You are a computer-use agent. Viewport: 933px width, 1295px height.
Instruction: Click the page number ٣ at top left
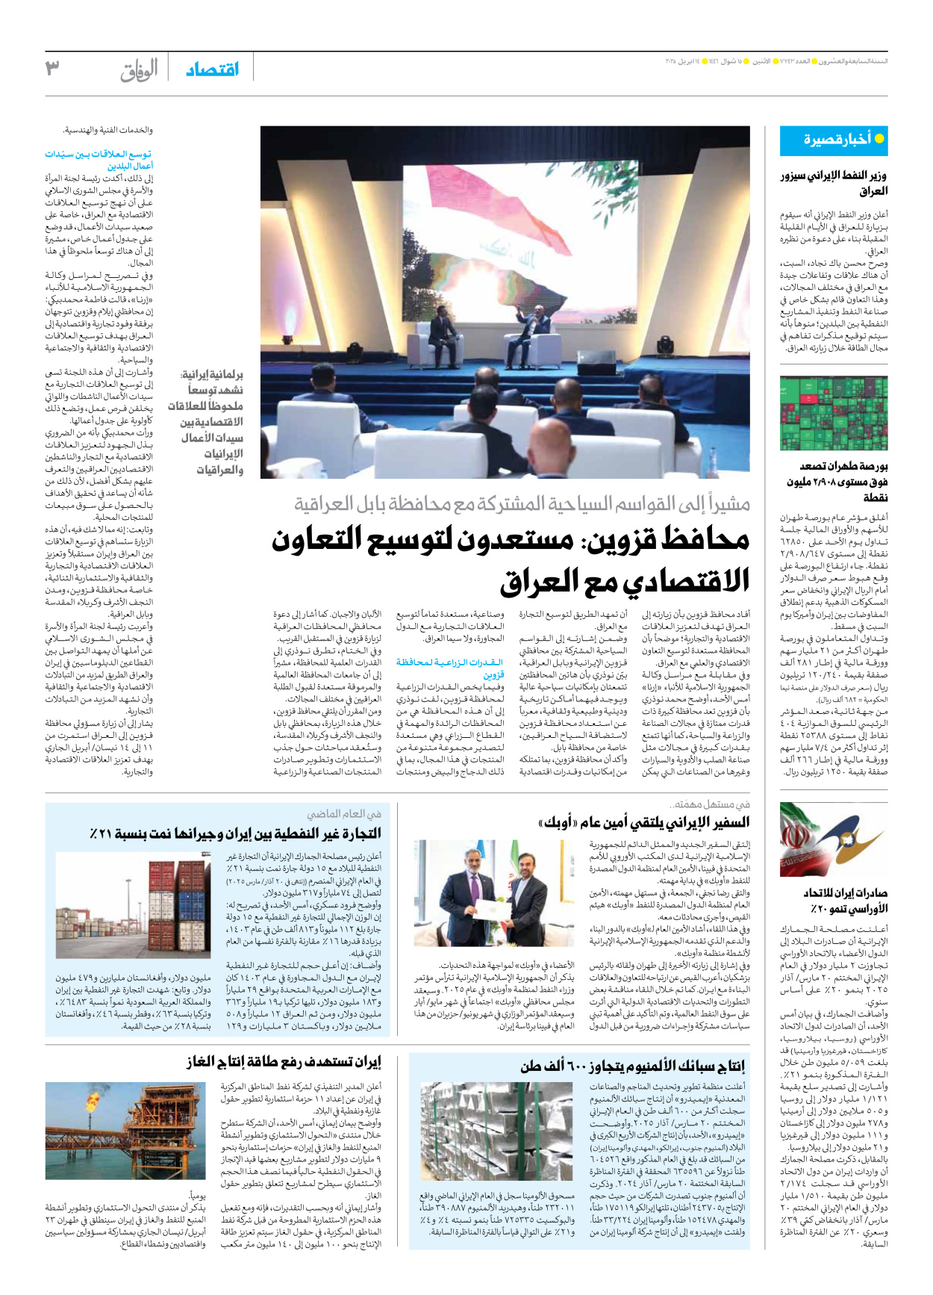(x=52, y=68)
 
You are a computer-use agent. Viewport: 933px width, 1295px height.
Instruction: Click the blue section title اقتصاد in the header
(x=212, y=69)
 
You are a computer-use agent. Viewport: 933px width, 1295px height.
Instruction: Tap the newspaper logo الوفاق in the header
(x=139, y=70)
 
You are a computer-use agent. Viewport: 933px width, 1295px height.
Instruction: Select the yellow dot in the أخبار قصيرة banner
(x=879, y=138)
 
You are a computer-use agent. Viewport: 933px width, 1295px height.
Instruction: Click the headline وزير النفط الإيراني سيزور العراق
(x=834, y=183)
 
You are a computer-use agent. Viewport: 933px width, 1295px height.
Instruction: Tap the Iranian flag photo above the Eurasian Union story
(x=834, y=839)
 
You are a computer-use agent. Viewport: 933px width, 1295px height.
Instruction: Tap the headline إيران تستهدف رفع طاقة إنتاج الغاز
(x=284, y=1061)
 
